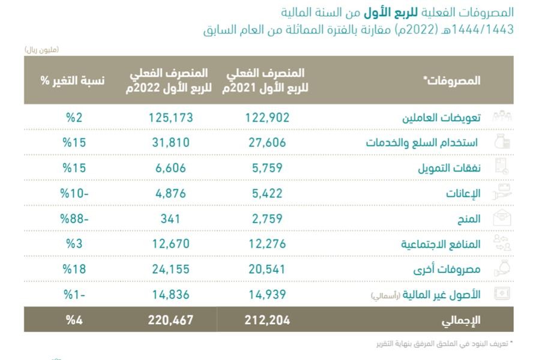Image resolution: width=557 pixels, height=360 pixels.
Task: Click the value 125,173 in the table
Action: [170, 118]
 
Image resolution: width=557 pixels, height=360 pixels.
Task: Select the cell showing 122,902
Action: [267, 118]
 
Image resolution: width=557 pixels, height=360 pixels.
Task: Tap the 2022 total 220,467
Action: [170, 320]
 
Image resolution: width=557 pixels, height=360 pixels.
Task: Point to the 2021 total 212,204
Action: [267, 320]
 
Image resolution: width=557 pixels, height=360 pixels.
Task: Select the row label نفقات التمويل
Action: [449, 169]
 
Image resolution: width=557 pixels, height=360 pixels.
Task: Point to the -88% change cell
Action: [74, 219]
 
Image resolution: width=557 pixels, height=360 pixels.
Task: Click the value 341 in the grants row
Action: [170, 219]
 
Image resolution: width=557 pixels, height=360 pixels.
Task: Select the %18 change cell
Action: [74, 269]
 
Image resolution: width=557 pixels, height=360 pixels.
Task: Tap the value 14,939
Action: [267, 295]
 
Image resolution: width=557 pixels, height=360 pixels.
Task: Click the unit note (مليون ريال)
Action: [42, 49]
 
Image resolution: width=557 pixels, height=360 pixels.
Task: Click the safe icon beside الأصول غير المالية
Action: [501, 293]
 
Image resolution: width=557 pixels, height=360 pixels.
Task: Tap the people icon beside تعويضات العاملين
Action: [501, 117]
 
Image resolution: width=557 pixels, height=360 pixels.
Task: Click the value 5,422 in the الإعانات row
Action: [267, 194]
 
